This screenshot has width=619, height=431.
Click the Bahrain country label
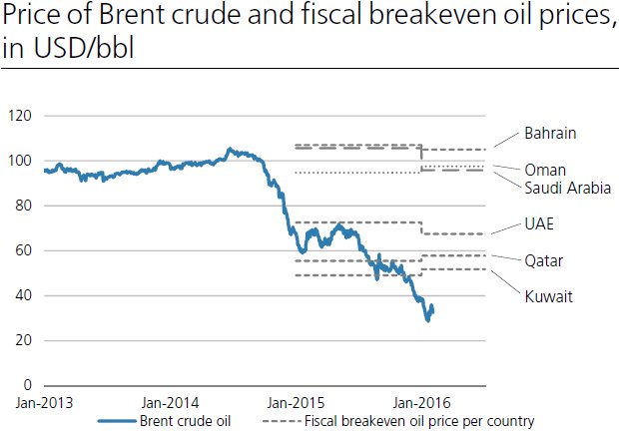[x=551, y=133]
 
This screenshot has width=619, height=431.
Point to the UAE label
[x=539, y=223]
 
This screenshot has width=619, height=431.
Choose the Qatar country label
[x=544, y=260]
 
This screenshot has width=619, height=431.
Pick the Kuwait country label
[x=548, y=295]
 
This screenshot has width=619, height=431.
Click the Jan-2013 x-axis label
[x=43, y=402]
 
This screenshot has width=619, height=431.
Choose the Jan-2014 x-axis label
[x=171, y=402]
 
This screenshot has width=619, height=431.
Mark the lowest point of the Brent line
[x=428, y=319]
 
